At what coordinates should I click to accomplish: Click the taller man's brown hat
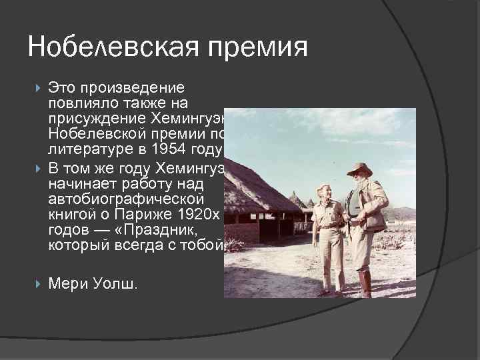359,169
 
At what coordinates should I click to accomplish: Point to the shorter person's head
325,193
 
